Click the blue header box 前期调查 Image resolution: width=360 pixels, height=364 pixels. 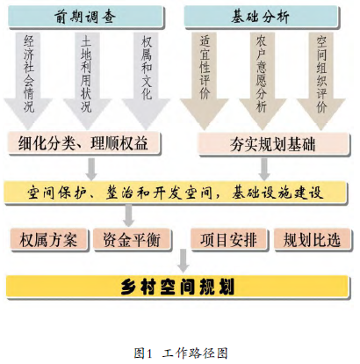coord(85,17)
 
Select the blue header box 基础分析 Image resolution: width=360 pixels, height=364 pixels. coord(261,17)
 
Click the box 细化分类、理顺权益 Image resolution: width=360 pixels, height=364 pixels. coord(84,142)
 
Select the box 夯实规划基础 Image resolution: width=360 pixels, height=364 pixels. coord(274,143)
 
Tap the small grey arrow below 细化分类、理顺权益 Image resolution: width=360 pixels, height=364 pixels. coord(91,169)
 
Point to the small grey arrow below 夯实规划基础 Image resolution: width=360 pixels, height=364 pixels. coord(264,169)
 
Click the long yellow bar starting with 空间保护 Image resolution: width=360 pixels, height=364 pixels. coord(176,193)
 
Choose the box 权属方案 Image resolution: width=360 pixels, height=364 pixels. coord(49,239)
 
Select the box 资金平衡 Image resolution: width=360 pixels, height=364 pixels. coord(132,239)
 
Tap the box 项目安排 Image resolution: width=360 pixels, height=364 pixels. coord(229,239)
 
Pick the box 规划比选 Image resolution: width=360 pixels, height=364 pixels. coord(312,239)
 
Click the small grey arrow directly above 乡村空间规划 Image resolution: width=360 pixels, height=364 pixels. coord(184,260)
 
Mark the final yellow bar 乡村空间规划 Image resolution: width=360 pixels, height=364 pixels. coord(177,287)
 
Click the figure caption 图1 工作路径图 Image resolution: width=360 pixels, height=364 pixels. coord(181,353)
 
